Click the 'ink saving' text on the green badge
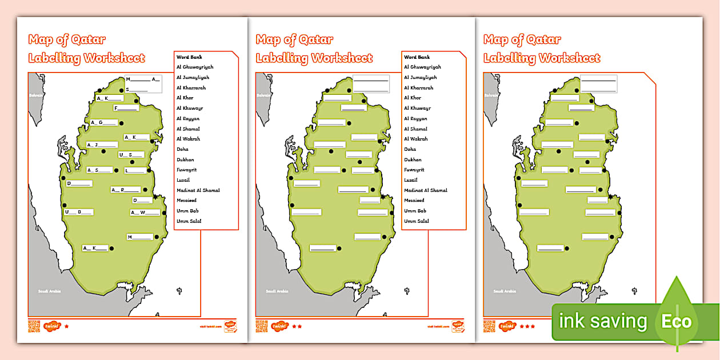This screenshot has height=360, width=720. (603, 322)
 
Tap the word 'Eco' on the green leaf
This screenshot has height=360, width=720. (677, 321)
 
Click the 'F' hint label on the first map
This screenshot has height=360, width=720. (126, 108)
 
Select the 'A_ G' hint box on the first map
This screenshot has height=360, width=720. (104, 122)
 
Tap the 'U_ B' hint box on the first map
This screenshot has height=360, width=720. (78, 212)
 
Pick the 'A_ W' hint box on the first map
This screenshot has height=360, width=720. (145, 213)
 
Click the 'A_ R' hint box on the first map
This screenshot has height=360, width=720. (125, 190)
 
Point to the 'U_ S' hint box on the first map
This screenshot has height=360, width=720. (131, 155)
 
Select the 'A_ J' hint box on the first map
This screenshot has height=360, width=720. (102, 145)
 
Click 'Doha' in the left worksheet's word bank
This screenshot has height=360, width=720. (182, 149)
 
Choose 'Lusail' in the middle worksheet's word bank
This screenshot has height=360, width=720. (411, 180)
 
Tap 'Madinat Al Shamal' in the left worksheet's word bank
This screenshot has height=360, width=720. (198, 190)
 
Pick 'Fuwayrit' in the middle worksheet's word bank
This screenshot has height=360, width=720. (414, 170)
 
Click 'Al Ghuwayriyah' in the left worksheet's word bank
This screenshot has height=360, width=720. (194, 67)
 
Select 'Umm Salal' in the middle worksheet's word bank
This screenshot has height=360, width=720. (416, 221)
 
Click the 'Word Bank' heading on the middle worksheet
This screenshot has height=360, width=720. (417, 57)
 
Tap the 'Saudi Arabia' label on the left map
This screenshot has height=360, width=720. (49, 291)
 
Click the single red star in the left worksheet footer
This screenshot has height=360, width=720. (66, 326)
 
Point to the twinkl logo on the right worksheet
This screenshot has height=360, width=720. (507, 326)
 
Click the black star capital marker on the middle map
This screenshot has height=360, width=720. (383, 197)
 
